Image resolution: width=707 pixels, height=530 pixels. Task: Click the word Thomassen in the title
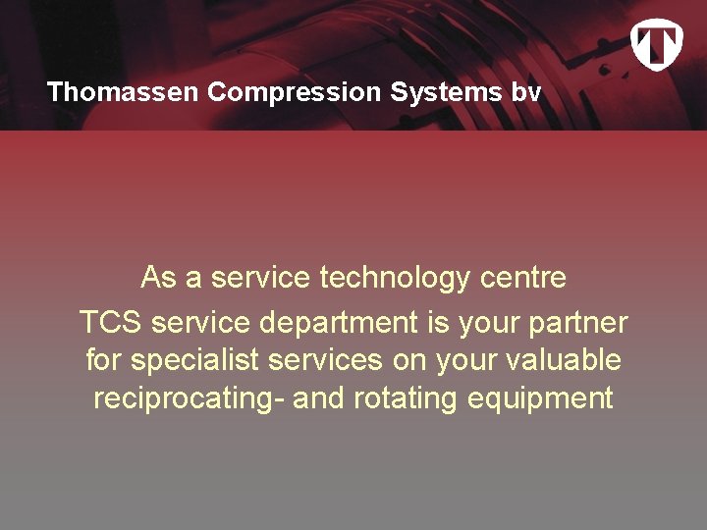pos(124,92)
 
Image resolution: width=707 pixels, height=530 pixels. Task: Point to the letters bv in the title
pos(526,92)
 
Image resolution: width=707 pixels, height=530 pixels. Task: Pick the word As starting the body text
pos(158,278)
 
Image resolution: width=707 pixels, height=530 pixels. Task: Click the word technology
pos(396,278)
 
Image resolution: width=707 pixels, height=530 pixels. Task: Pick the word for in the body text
pos(103,360)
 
